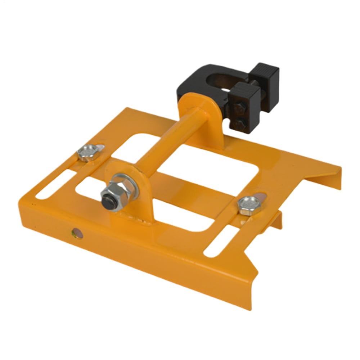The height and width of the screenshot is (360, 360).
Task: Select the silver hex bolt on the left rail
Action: (86, 152)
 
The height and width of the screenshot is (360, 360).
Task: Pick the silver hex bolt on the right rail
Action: (247, 206)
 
